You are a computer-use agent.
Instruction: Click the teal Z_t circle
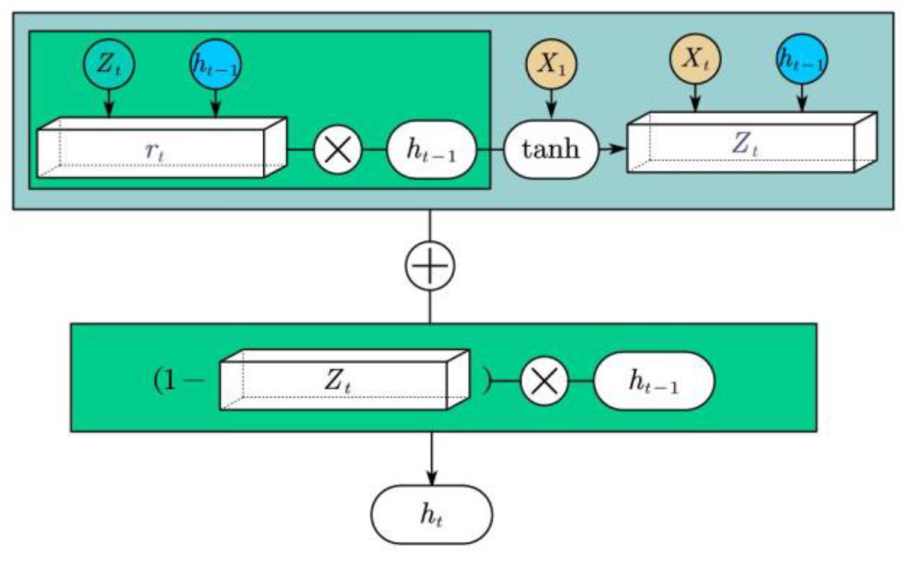point(109,64)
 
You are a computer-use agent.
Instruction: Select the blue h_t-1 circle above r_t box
point(215,64)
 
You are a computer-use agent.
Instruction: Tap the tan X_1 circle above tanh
point(551,64)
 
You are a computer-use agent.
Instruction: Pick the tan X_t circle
point(695,59)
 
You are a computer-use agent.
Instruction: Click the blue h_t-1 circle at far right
point(802,59)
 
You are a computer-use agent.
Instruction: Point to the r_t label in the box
point(155,151)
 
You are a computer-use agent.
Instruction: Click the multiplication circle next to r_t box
point(338,150)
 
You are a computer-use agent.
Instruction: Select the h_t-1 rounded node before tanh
point(431,150)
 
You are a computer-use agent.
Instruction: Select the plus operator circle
point(430,266)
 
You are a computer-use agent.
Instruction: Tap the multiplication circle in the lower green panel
point(544,381)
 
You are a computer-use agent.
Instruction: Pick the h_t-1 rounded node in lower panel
point(654,381)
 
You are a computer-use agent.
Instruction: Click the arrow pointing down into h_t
point(432,462)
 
